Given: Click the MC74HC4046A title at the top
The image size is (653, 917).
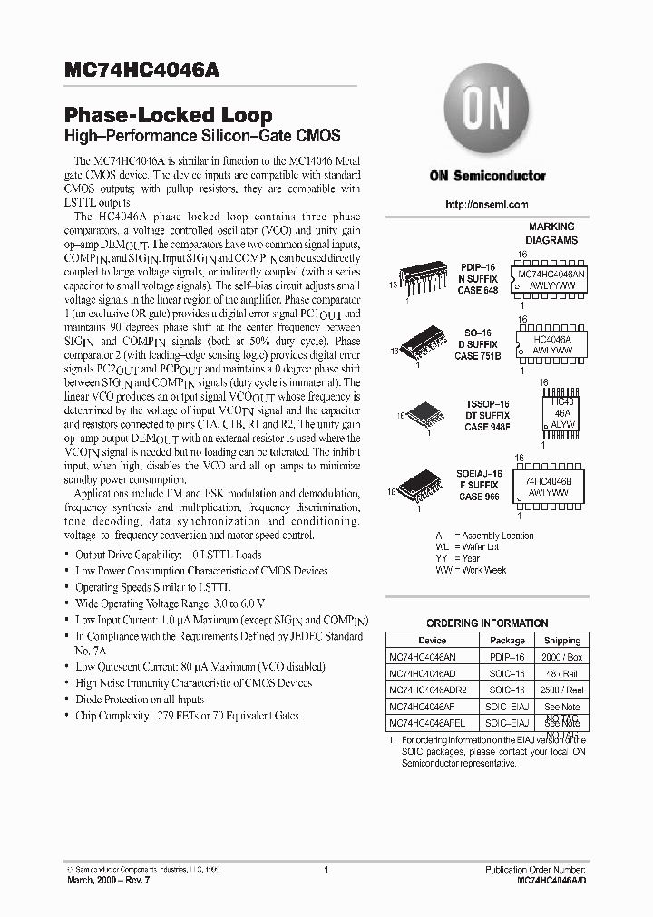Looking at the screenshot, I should tap(141, 70).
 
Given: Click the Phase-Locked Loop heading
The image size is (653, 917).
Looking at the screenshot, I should tap(168, 115).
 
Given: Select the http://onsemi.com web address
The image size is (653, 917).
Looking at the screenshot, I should tap(486, 205).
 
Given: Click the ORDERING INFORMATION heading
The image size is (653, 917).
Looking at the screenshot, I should tap(487, 623).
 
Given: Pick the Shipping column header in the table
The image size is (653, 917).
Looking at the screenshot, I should tap(562, 640).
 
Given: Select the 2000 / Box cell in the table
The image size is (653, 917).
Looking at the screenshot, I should tap(562, 656).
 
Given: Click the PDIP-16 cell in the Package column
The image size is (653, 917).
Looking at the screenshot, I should tap(508, 656).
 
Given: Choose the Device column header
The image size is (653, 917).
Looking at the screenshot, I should tap(432, 640).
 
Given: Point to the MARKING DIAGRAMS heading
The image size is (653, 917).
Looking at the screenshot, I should tap(551, 234).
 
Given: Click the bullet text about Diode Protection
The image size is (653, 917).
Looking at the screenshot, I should tap(140, 700).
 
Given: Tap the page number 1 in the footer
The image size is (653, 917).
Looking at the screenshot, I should tap(325, 870).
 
